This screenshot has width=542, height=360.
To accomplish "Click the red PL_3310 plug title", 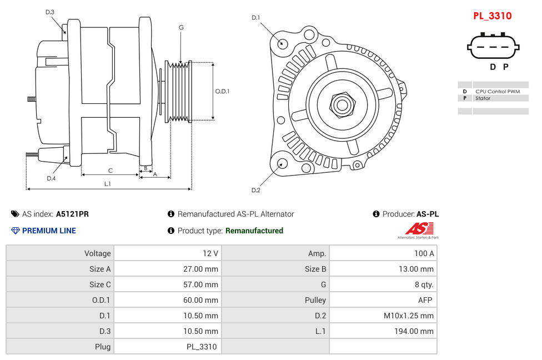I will (x=492, y=16).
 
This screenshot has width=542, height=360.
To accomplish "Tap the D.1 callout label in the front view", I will (x=255, y=18).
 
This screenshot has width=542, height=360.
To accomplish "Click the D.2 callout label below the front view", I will (x=255, y=191).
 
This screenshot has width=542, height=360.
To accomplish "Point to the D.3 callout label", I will (x=50, y=12).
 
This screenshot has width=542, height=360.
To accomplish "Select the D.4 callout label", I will (x=51, y=178).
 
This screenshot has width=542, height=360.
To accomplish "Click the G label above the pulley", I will (x=181, y=28).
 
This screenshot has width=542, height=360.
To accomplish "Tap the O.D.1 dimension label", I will (x=222, y=92).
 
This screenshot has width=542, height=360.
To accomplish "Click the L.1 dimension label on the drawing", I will (x=108, y=184).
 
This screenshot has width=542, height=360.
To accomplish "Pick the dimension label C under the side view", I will (x=111, y=171).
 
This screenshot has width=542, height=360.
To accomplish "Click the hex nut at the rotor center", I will (x=342, y=104).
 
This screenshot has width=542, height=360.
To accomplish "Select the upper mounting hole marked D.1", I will (x=282, y=43).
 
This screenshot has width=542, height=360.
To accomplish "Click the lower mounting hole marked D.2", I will (x=282, y=163).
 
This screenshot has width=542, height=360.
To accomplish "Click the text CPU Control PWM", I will (x=498, y=91).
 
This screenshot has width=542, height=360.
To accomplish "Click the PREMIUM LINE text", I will (x=49, y=231).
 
